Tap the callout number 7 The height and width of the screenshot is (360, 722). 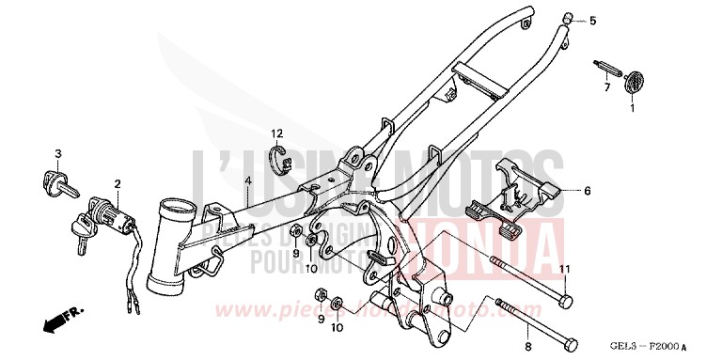click(x=607, y=87)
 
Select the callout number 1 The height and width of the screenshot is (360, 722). click(x=631, y=108)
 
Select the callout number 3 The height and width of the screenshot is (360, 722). click(x=57, y=153)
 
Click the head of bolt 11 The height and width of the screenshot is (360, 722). click(x=565, y=300)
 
